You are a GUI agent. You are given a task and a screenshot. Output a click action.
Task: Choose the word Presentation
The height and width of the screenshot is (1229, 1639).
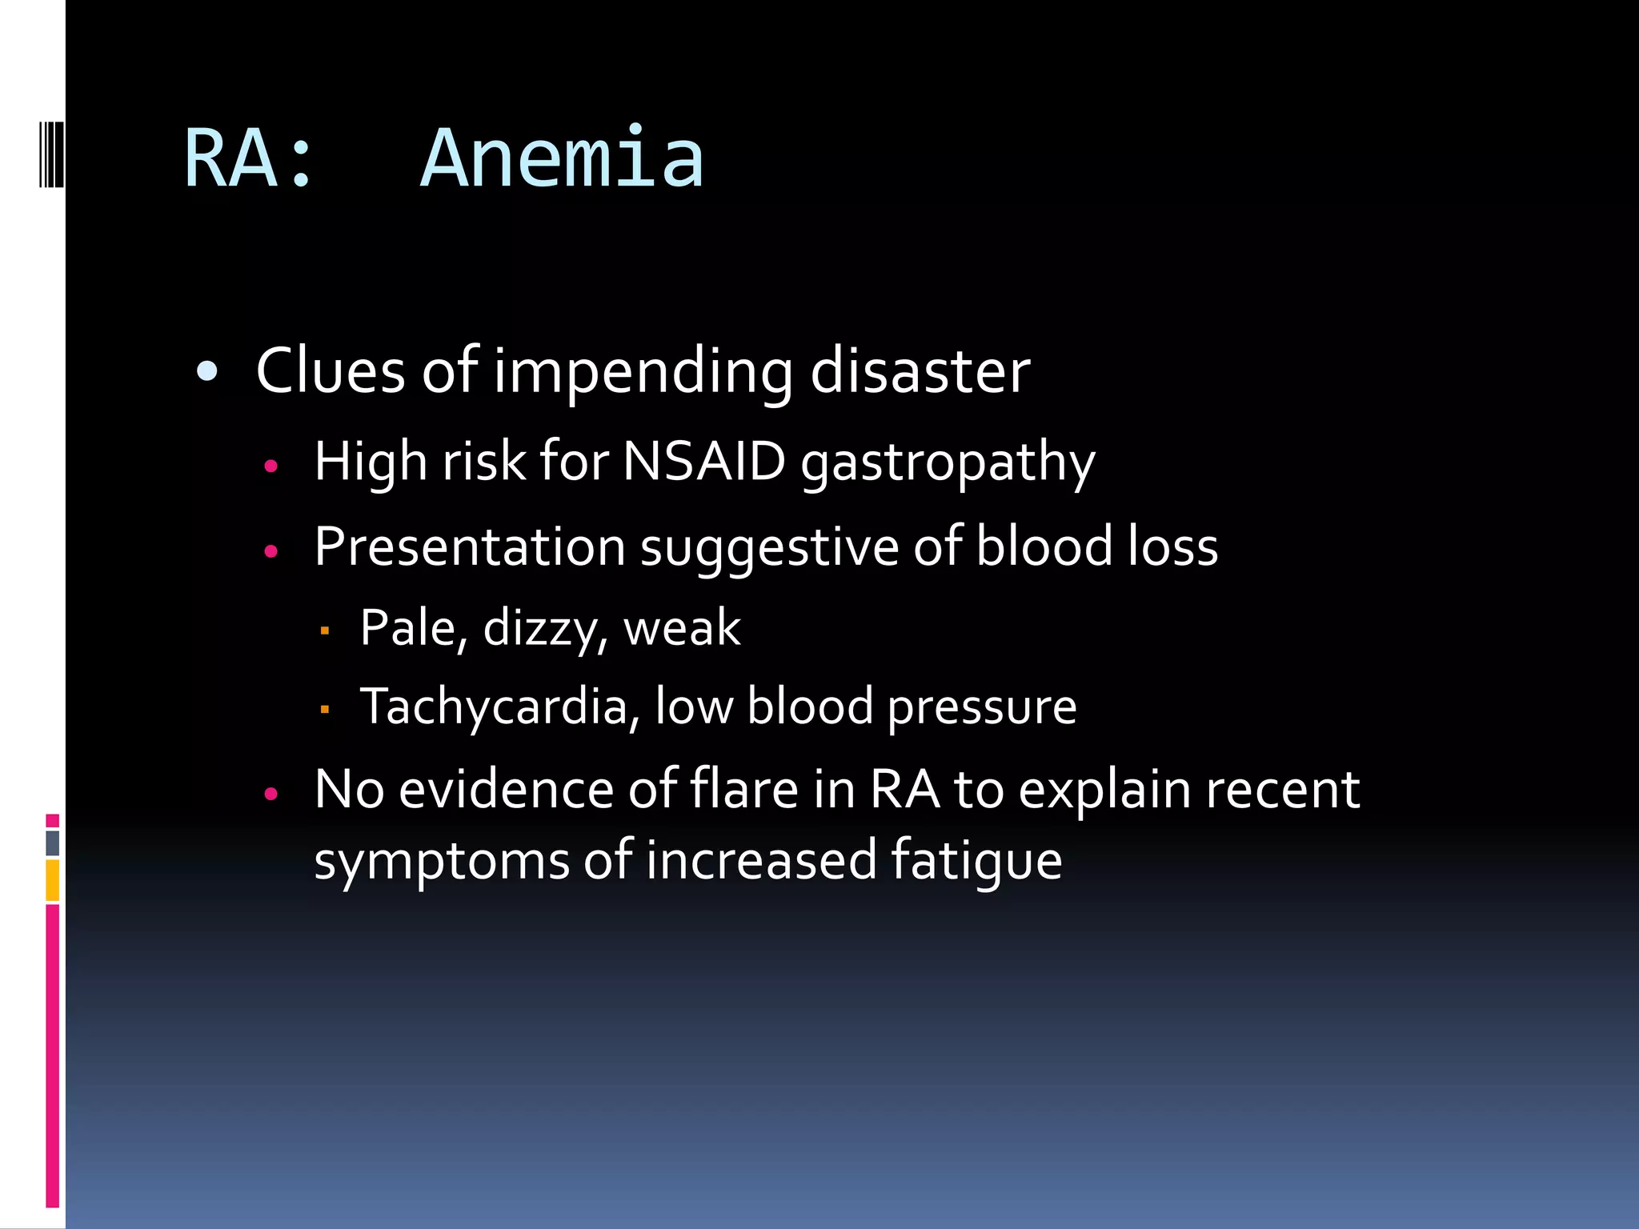click(470, 547)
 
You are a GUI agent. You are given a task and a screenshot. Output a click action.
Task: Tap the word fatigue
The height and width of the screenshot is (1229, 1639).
click(976, 861)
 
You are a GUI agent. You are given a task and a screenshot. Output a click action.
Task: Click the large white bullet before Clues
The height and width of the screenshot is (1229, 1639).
click(207, 372)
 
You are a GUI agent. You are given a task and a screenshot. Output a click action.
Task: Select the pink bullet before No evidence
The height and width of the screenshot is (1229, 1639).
click(270, 794)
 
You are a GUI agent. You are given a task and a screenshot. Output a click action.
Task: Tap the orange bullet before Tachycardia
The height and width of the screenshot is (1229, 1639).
click(324, 709)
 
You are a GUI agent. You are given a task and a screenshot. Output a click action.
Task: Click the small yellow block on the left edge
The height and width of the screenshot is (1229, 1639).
click(53, 880)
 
